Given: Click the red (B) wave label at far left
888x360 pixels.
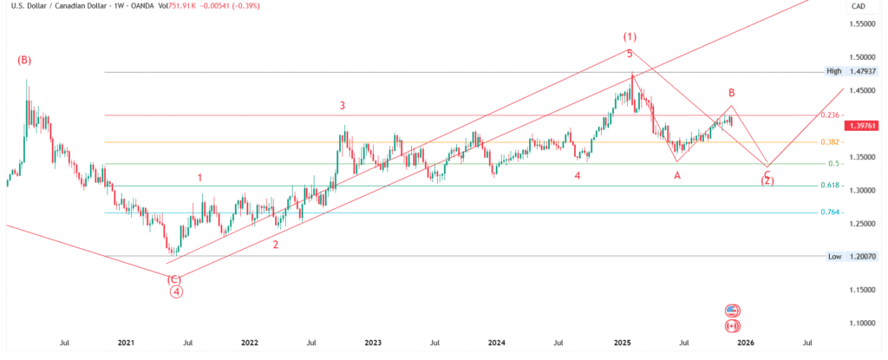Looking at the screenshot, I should tap(24, 61).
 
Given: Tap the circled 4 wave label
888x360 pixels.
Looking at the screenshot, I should tap(176, 291).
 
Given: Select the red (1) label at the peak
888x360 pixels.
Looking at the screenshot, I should tap(630, 36).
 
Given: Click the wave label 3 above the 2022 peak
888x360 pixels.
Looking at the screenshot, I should tap(343, 105).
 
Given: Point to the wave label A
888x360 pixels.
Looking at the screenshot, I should tap(677, 175).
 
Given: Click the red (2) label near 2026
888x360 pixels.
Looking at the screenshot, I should tap(767, 180).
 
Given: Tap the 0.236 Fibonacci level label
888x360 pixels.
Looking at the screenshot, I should tap(830, 115).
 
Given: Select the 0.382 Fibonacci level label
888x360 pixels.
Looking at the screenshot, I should tap(830, 141).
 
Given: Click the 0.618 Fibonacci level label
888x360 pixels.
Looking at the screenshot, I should tap(830, 186).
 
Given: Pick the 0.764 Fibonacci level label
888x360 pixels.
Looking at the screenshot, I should tap(830, 213).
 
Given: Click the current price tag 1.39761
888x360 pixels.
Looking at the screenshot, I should tap(863, 126).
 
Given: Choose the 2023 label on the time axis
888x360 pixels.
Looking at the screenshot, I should tap(373, 343).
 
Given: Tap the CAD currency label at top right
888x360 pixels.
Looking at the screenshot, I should tap(859, 7).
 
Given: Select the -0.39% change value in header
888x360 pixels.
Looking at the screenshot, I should tap(247, 7).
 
